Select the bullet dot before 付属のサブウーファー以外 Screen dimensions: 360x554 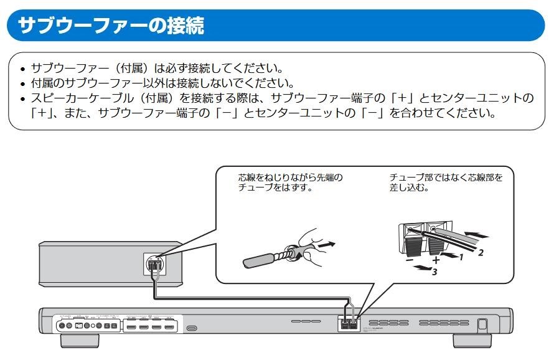pos(23,83)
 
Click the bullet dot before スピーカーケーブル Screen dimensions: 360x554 pos(23,99)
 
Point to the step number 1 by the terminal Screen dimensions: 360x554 pos(462,256)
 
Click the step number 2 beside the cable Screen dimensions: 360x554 pos(480,252)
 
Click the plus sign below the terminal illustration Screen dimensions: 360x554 pos(436,260)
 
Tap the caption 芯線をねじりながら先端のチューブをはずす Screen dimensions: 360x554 pos(290,182)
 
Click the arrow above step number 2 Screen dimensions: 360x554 pos(476,236)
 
